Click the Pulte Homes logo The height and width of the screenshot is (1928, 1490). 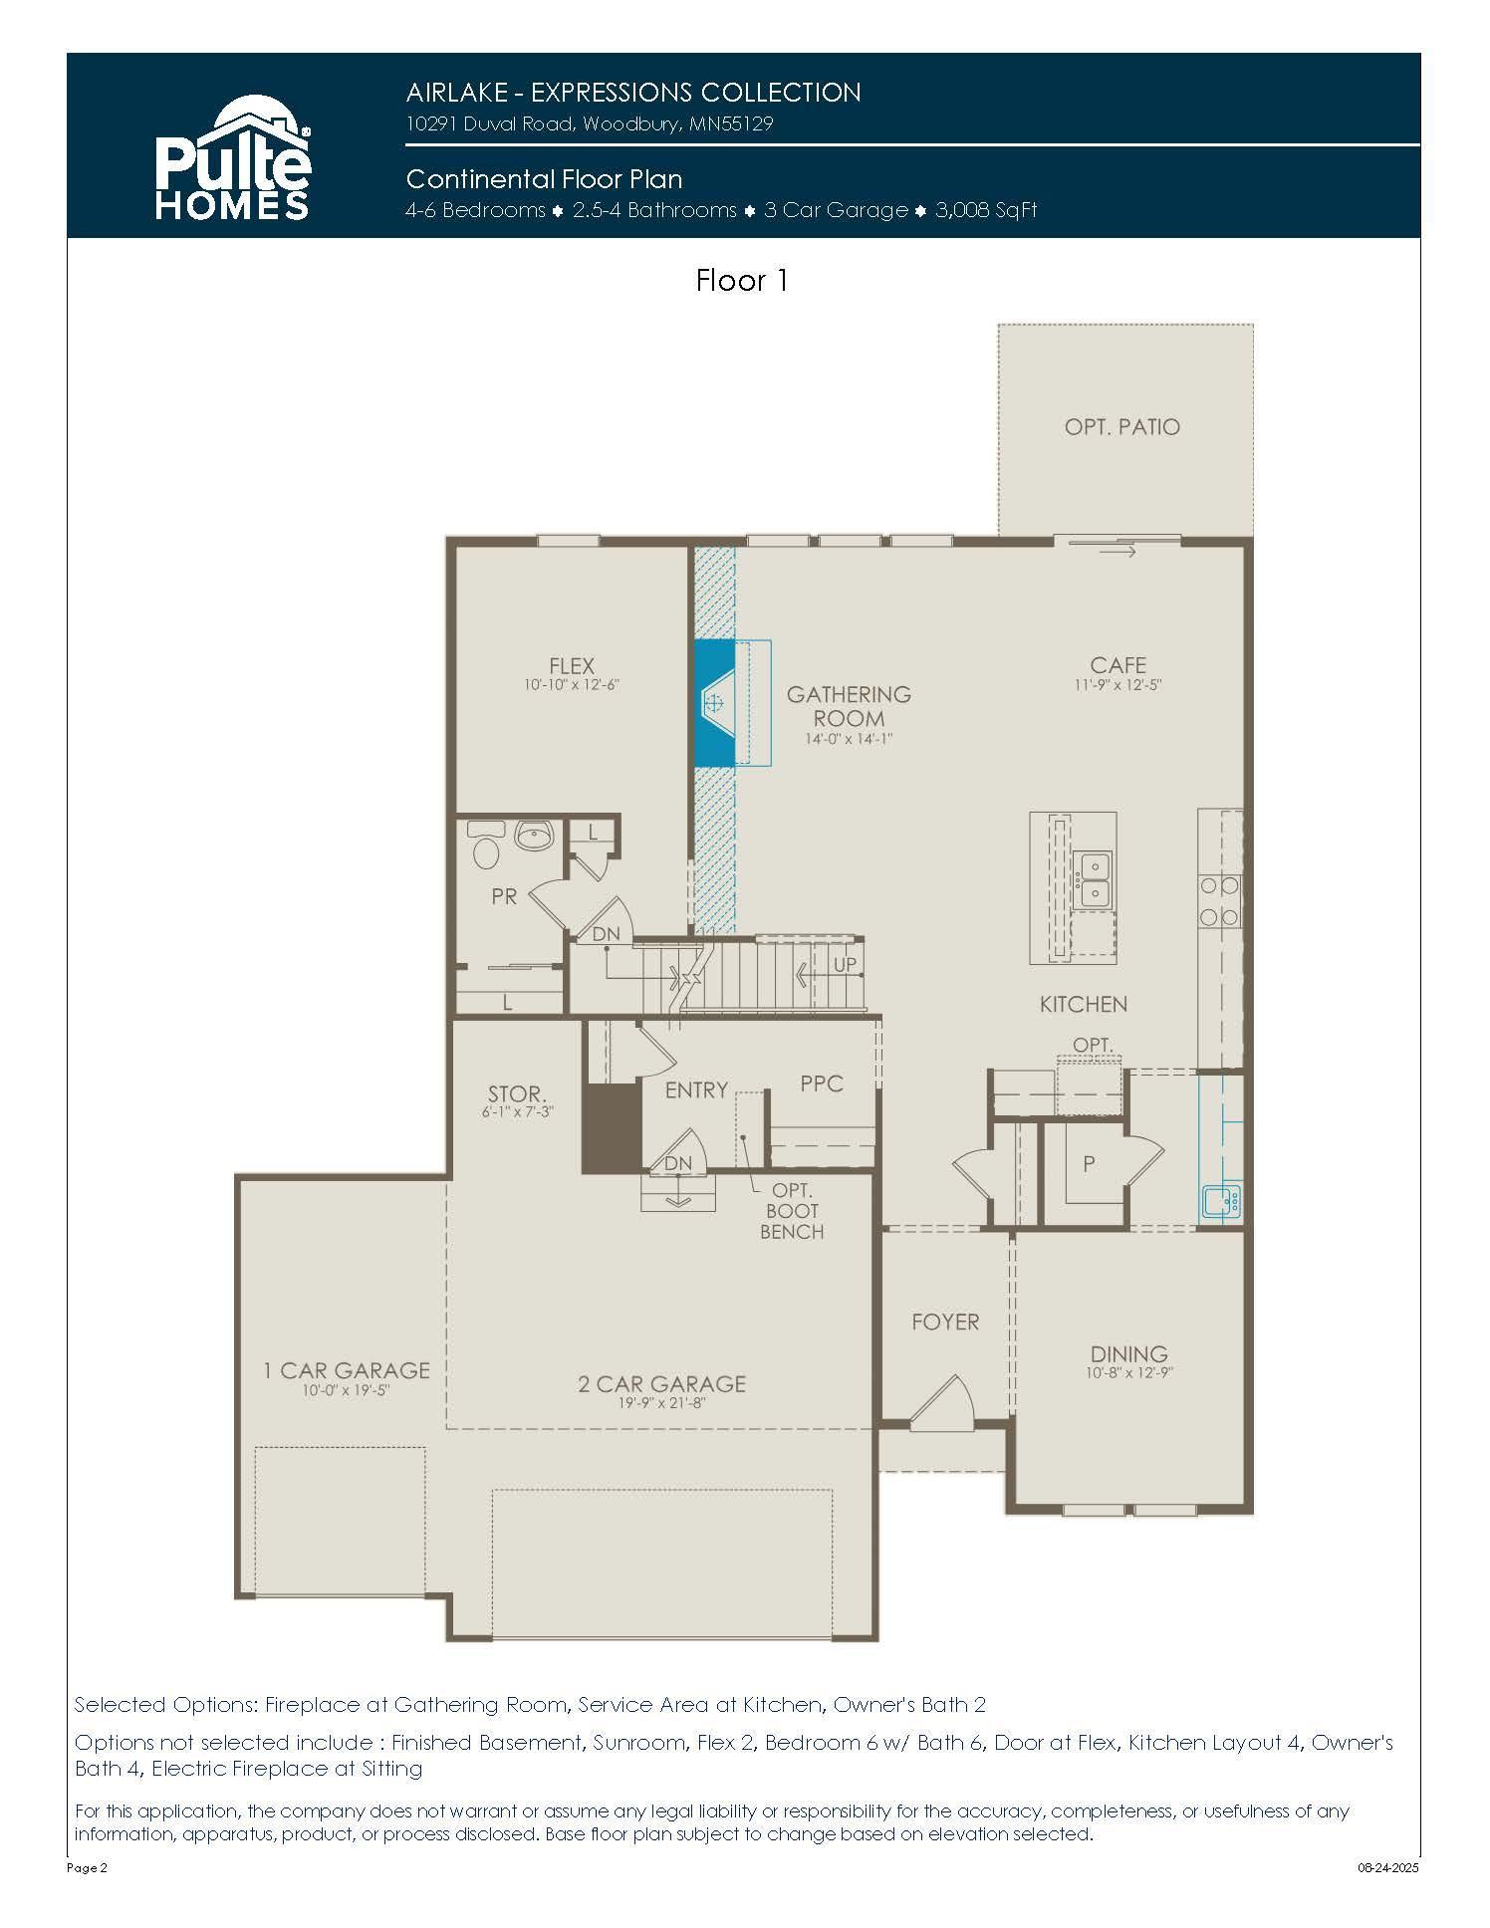233,157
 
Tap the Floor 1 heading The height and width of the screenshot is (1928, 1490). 742,281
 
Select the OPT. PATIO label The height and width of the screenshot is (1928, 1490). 1122,427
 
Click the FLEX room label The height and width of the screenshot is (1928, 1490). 572,665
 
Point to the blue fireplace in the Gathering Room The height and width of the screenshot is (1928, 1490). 714,702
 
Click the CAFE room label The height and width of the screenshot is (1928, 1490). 1117,664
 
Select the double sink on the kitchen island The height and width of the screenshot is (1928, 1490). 1094,880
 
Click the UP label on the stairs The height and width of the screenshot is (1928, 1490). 845,964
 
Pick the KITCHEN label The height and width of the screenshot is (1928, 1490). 1084,1004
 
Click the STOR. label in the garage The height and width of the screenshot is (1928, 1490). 517,1094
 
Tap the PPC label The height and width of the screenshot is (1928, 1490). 822,1084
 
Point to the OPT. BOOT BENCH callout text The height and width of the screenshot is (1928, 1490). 792,1211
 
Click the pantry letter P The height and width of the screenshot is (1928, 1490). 1089,1163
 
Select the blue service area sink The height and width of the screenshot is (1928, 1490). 1222,1201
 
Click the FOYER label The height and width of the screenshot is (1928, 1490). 945,1322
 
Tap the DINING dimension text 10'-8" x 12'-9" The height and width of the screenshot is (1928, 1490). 1128,1372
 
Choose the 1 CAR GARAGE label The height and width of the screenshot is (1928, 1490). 347,1371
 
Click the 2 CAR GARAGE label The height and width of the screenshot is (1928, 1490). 662,1383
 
